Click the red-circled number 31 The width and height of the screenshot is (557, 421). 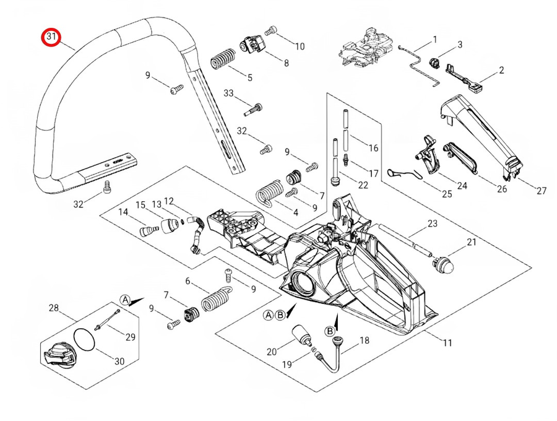[51, 37]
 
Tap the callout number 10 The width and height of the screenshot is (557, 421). [300, 46]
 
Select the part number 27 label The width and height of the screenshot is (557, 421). [541, 191]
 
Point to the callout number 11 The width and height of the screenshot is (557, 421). [447, 343]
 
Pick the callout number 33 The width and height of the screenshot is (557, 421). [228, 93]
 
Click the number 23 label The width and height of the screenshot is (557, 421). [433, 224]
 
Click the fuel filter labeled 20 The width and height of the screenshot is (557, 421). [301, 336]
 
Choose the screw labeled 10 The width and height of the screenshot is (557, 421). [270, 30]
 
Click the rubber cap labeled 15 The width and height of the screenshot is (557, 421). [170, 226]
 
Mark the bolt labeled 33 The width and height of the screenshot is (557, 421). [254, 109]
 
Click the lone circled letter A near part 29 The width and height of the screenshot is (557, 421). [124, 300]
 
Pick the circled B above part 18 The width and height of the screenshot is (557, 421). [330, 331]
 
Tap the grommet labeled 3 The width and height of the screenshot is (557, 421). [434, 63]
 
